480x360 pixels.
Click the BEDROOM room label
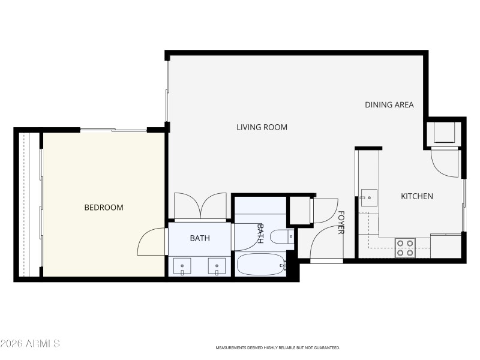pos(103,208)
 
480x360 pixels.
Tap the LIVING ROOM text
pos(262,127)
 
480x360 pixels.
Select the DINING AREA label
pos(389,104)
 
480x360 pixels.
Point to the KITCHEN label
pos(416,196)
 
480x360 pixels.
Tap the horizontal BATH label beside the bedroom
pos(199,238)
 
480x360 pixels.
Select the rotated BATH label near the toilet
pos(260,233)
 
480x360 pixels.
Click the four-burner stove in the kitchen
pos(406,248)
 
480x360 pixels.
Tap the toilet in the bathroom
pos(280,237)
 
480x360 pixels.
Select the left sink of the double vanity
pos(182,265)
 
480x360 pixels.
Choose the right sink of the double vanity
pos(217,265)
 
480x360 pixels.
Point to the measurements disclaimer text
pos(278,348)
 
